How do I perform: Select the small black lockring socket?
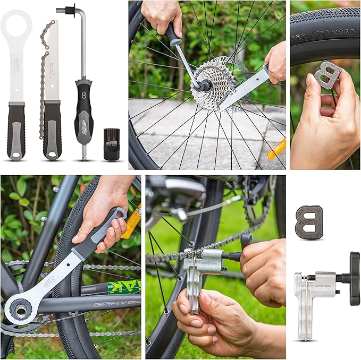[x=111, y=144]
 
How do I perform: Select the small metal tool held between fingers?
[x=328, y=75]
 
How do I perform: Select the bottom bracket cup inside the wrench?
[x=21, y=310]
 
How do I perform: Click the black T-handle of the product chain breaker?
[x=354, y=278]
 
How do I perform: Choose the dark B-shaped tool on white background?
[x=309, y=222]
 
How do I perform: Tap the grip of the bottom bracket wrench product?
[x=15, y=130]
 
